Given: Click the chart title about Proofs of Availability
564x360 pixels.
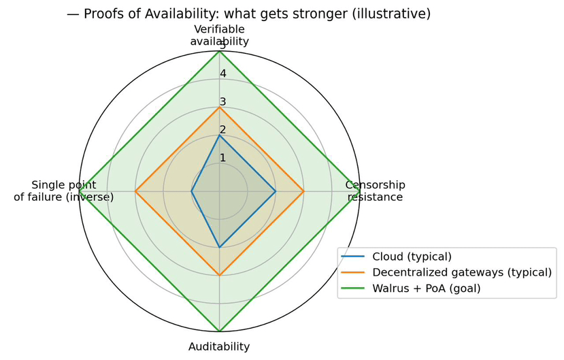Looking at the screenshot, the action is (x=248, y=14).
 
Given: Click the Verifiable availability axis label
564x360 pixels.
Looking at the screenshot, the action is (x=219, y=35).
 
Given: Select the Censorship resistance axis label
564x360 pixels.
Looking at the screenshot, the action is (x=375, y=191).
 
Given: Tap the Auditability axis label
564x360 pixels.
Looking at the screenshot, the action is (x=219, y=346).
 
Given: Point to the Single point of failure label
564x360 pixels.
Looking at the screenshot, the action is (x=64, y=191).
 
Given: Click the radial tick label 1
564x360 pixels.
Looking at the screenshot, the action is (x=223, y=158).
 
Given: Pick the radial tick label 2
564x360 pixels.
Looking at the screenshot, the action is (x=223, y=130).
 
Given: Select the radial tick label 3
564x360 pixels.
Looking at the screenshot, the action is (x=223, y=102).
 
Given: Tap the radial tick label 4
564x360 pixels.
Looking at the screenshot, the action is (x=223, y=73).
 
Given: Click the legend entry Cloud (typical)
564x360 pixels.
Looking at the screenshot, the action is (x=412, y=257).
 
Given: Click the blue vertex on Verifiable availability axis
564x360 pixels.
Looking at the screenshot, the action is (x=219, y=135).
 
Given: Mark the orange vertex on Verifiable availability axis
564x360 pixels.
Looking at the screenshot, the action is (x=219, y=108).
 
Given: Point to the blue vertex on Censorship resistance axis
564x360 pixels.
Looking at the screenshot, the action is (x=275, y=191).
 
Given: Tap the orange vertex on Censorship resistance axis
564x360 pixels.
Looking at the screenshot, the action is (x=303, y=191).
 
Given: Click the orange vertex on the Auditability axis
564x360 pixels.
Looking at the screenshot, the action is (x=219, y=275).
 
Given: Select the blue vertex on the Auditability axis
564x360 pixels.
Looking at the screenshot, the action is (x=219, y=247).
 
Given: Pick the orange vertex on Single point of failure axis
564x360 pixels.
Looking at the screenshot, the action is (x=135, y=191).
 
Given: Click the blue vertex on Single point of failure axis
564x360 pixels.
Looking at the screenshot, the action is (x=191, y=191).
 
